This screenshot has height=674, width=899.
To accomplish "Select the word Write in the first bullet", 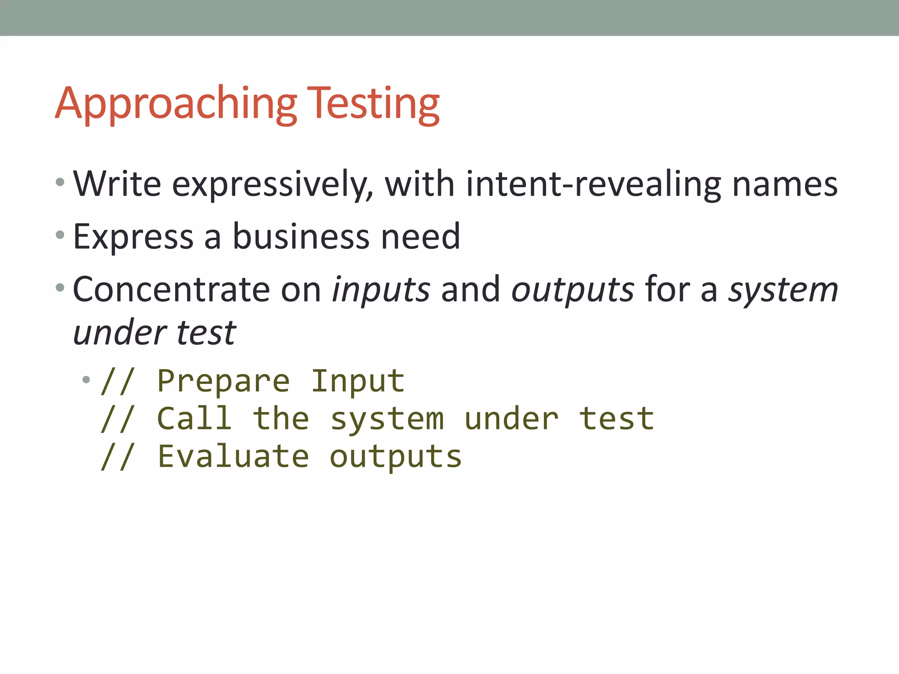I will (117, 184).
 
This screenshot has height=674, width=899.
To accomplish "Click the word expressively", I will (273, 185).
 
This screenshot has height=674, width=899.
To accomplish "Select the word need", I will (421, 237).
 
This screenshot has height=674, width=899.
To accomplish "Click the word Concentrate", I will (171, 290).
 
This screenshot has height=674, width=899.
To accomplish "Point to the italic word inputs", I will (381, 291).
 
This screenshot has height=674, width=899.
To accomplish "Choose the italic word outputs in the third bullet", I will (572, 291).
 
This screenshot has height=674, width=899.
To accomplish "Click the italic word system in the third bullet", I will (783, 291).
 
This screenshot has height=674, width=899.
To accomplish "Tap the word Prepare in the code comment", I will (223, 381).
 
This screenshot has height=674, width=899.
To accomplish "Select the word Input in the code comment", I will (357, 381).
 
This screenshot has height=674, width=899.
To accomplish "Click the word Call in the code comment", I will (194, 418).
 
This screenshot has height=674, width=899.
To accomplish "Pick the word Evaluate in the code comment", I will (233, 456).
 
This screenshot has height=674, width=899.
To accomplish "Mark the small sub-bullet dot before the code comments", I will (86, 380).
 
